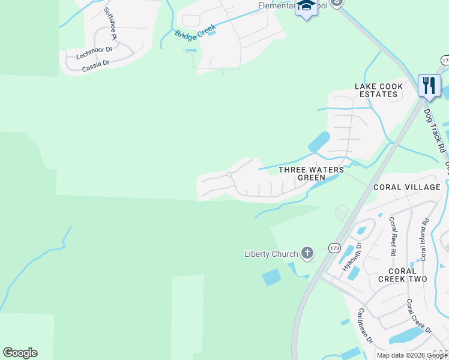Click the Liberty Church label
click(x=271, y=254)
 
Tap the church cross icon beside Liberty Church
click(x=307, y=253)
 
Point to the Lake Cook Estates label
click(x=379, y=90)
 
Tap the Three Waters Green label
click(x=312, y=173)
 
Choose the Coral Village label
click(x=407, y=187)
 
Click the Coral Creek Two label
click(x=402, y=274)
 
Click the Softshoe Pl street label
click(x=110, y=24)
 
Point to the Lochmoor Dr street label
click(x=94, y=53)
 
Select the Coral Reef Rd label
click(x=394, y=236)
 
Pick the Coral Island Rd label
click(x=424, y=238)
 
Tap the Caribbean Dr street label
click(x=365, y=326)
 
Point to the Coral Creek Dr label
click(x=418, y=316)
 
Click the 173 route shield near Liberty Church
click(x=334, y=248)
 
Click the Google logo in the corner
click(x=20, y=353)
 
